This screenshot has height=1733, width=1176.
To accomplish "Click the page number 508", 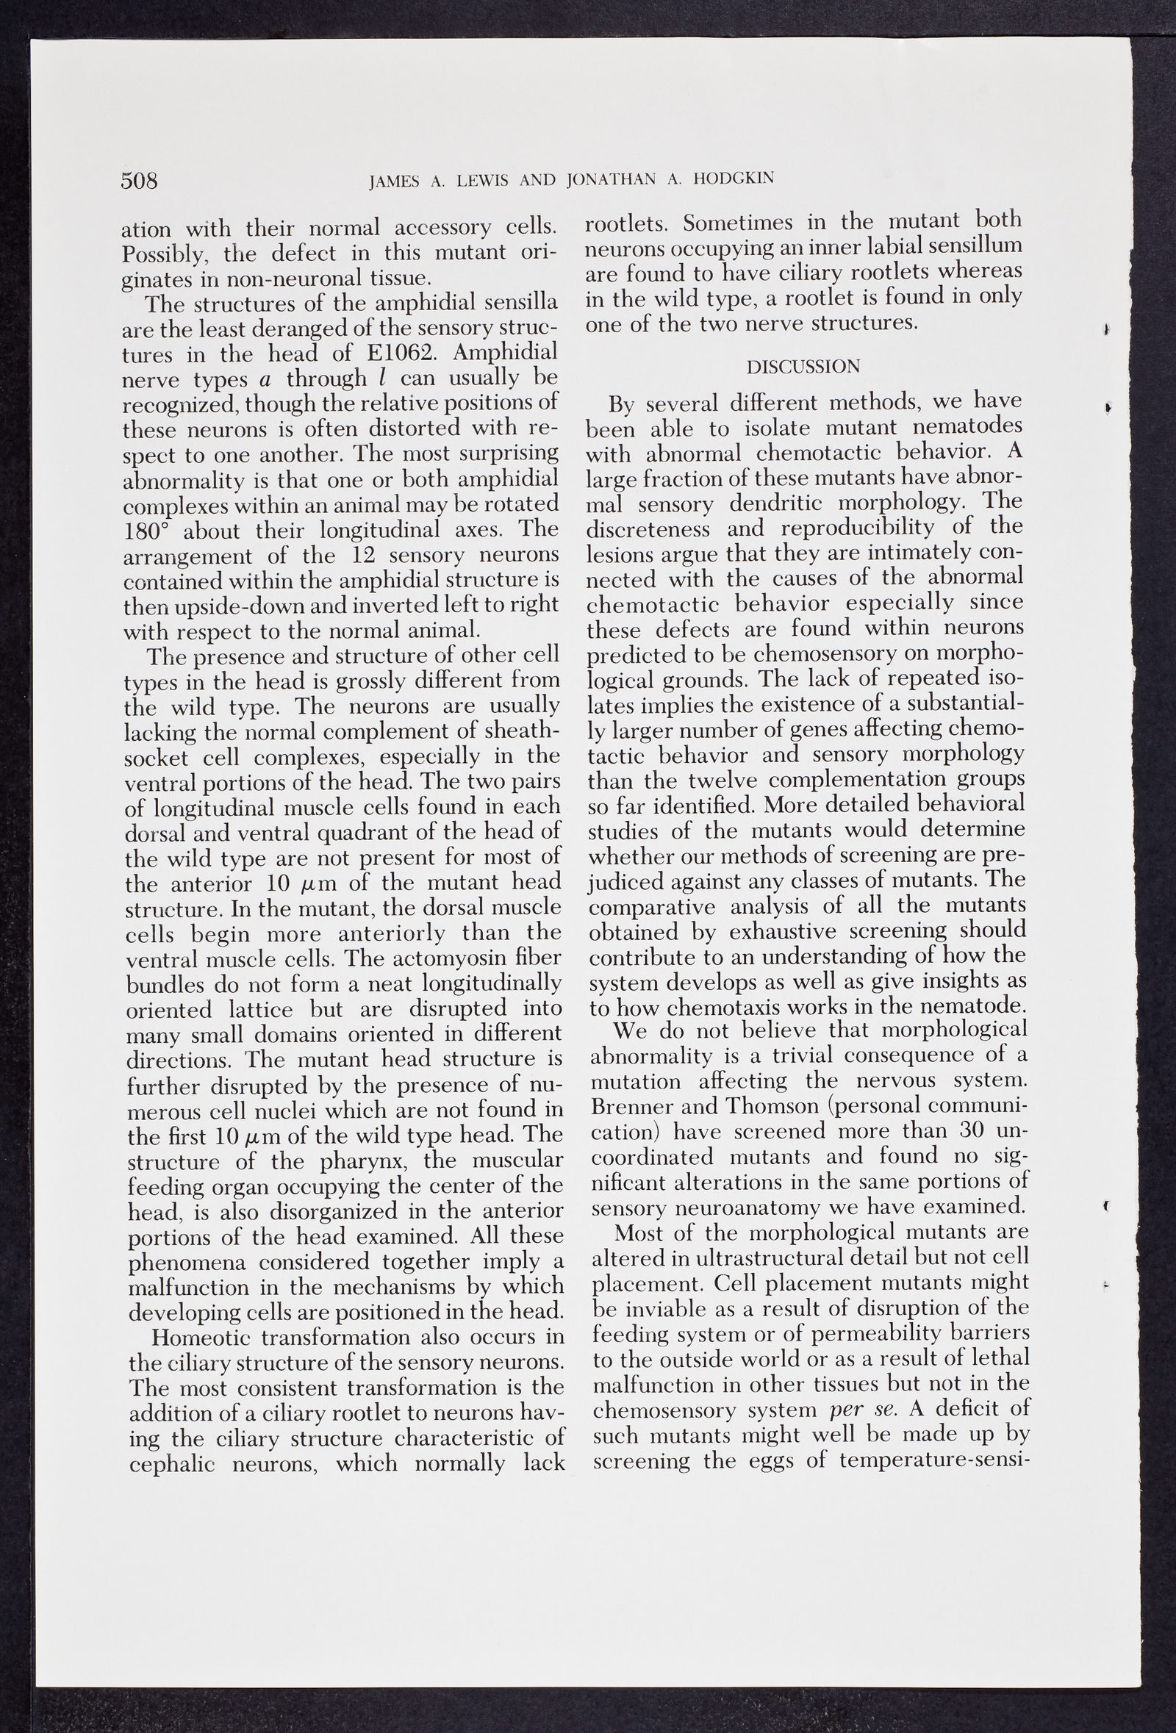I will [x=140, y=181].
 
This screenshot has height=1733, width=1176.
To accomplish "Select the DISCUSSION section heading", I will [x=803, y=367].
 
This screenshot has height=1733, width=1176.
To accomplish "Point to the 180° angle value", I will [x=149, y=531].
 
